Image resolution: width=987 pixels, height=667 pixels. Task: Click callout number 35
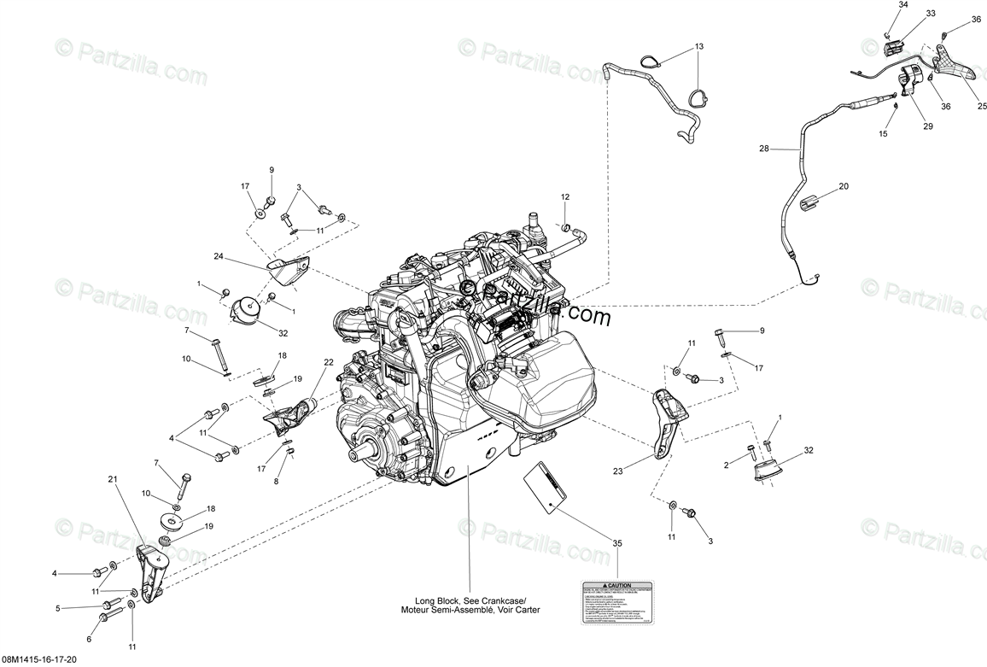pyautogui.click(x=617, y=542)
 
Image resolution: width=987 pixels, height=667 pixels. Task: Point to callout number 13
pyautogui.click(x=698, y=46)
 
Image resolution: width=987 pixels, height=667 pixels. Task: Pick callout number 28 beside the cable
pyautogui.click(x=764, y=149)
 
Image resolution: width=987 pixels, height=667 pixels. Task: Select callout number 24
pyautogui.click(x=219, y=255)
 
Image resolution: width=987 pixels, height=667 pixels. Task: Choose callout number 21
pyautogui.click(x=112, y=479)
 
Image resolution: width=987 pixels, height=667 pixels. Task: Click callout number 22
pyautogui.click(x=328, y=362)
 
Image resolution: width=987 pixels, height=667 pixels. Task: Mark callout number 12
pyautogui.click(x=564, y=197)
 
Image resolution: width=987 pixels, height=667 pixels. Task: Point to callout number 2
pyautogui.click(x=726, y=465)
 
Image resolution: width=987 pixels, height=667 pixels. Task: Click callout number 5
pyautogui.click(x=58, y=608)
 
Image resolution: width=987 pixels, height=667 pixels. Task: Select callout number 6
pyautogui.click(x=89, y=638)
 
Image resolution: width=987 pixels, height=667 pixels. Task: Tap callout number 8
pyautogui.click(x=276, y=482)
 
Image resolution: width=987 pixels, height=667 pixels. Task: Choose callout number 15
pyautogui.click(x=883, y=133)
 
